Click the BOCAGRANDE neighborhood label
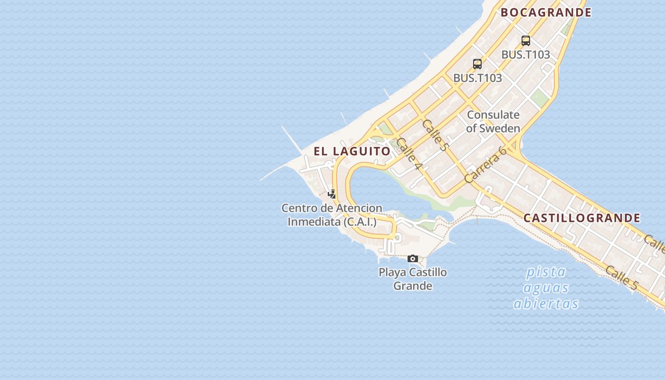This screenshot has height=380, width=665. (546, 13)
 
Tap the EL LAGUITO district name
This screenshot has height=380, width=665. (352, 151)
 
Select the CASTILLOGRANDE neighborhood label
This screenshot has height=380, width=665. (582, 218)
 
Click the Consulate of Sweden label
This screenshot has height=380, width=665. (493, 121)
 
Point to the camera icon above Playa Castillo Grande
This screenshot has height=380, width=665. (413, 259)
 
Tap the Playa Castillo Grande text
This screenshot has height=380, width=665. (413, 279)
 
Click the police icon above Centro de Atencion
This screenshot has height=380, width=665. (332, 194)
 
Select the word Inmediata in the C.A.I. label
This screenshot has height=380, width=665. (313, 222)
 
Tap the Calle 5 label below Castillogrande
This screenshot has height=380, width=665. (621, 277)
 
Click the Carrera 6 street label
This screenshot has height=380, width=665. (485, 165)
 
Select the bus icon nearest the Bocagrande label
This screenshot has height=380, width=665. (526, 41)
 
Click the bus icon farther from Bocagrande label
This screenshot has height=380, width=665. (477, 64)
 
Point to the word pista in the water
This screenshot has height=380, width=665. (546, 272)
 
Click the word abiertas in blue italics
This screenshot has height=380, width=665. (546, 304)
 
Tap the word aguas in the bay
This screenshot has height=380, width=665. (546, 288)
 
